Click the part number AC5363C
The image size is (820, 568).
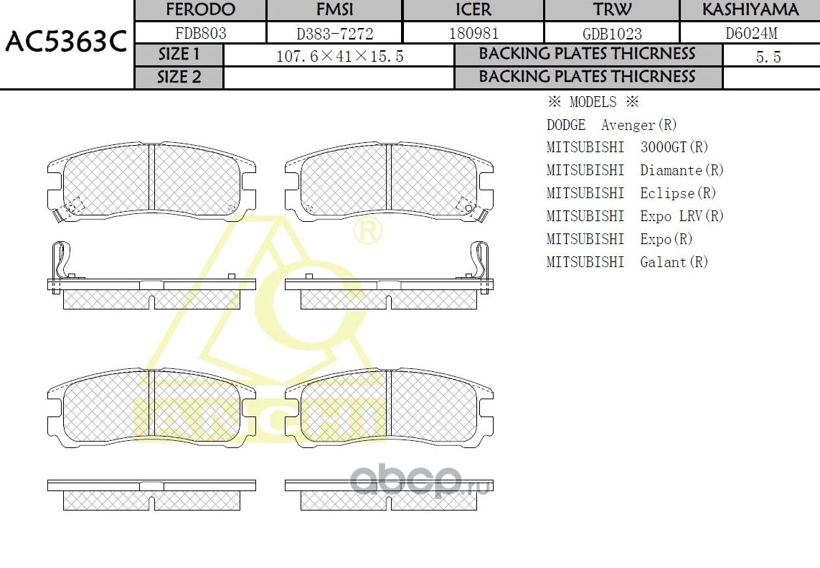[66, 43]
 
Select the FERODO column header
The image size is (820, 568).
[200, 10]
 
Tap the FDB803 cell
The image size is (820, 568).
[200, 33]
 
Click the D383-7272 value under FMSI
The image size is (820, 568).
[334, 33]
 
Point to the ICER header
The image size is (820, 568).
[473, 10]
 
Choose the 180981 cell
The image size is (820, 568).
[473, 33]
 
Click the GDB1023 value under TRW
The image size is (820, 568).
[612, 33]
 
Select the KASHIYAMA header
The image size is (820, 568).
[750, 10]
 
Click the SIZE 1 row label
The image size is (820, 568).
[179, 55]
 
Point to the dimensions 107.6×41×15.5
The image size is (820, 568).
[339, 57]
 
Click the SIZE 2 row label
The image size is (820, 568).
[179, 78]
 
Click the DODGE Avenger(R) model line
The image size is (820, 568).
[611, 125]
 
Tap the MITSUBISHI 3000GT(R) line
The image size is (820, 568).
[627, 147]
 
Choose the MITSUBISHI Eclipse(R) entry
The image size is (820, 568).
[631, 193]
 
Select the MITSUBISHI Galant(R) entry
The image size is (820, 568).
[627, 262]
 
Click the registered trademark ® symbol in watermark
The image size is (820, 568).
[368, 231]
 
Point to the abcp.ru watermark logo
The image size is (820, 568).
[420, 480]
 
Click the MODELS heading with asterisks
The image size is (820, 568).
[593, 102]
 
